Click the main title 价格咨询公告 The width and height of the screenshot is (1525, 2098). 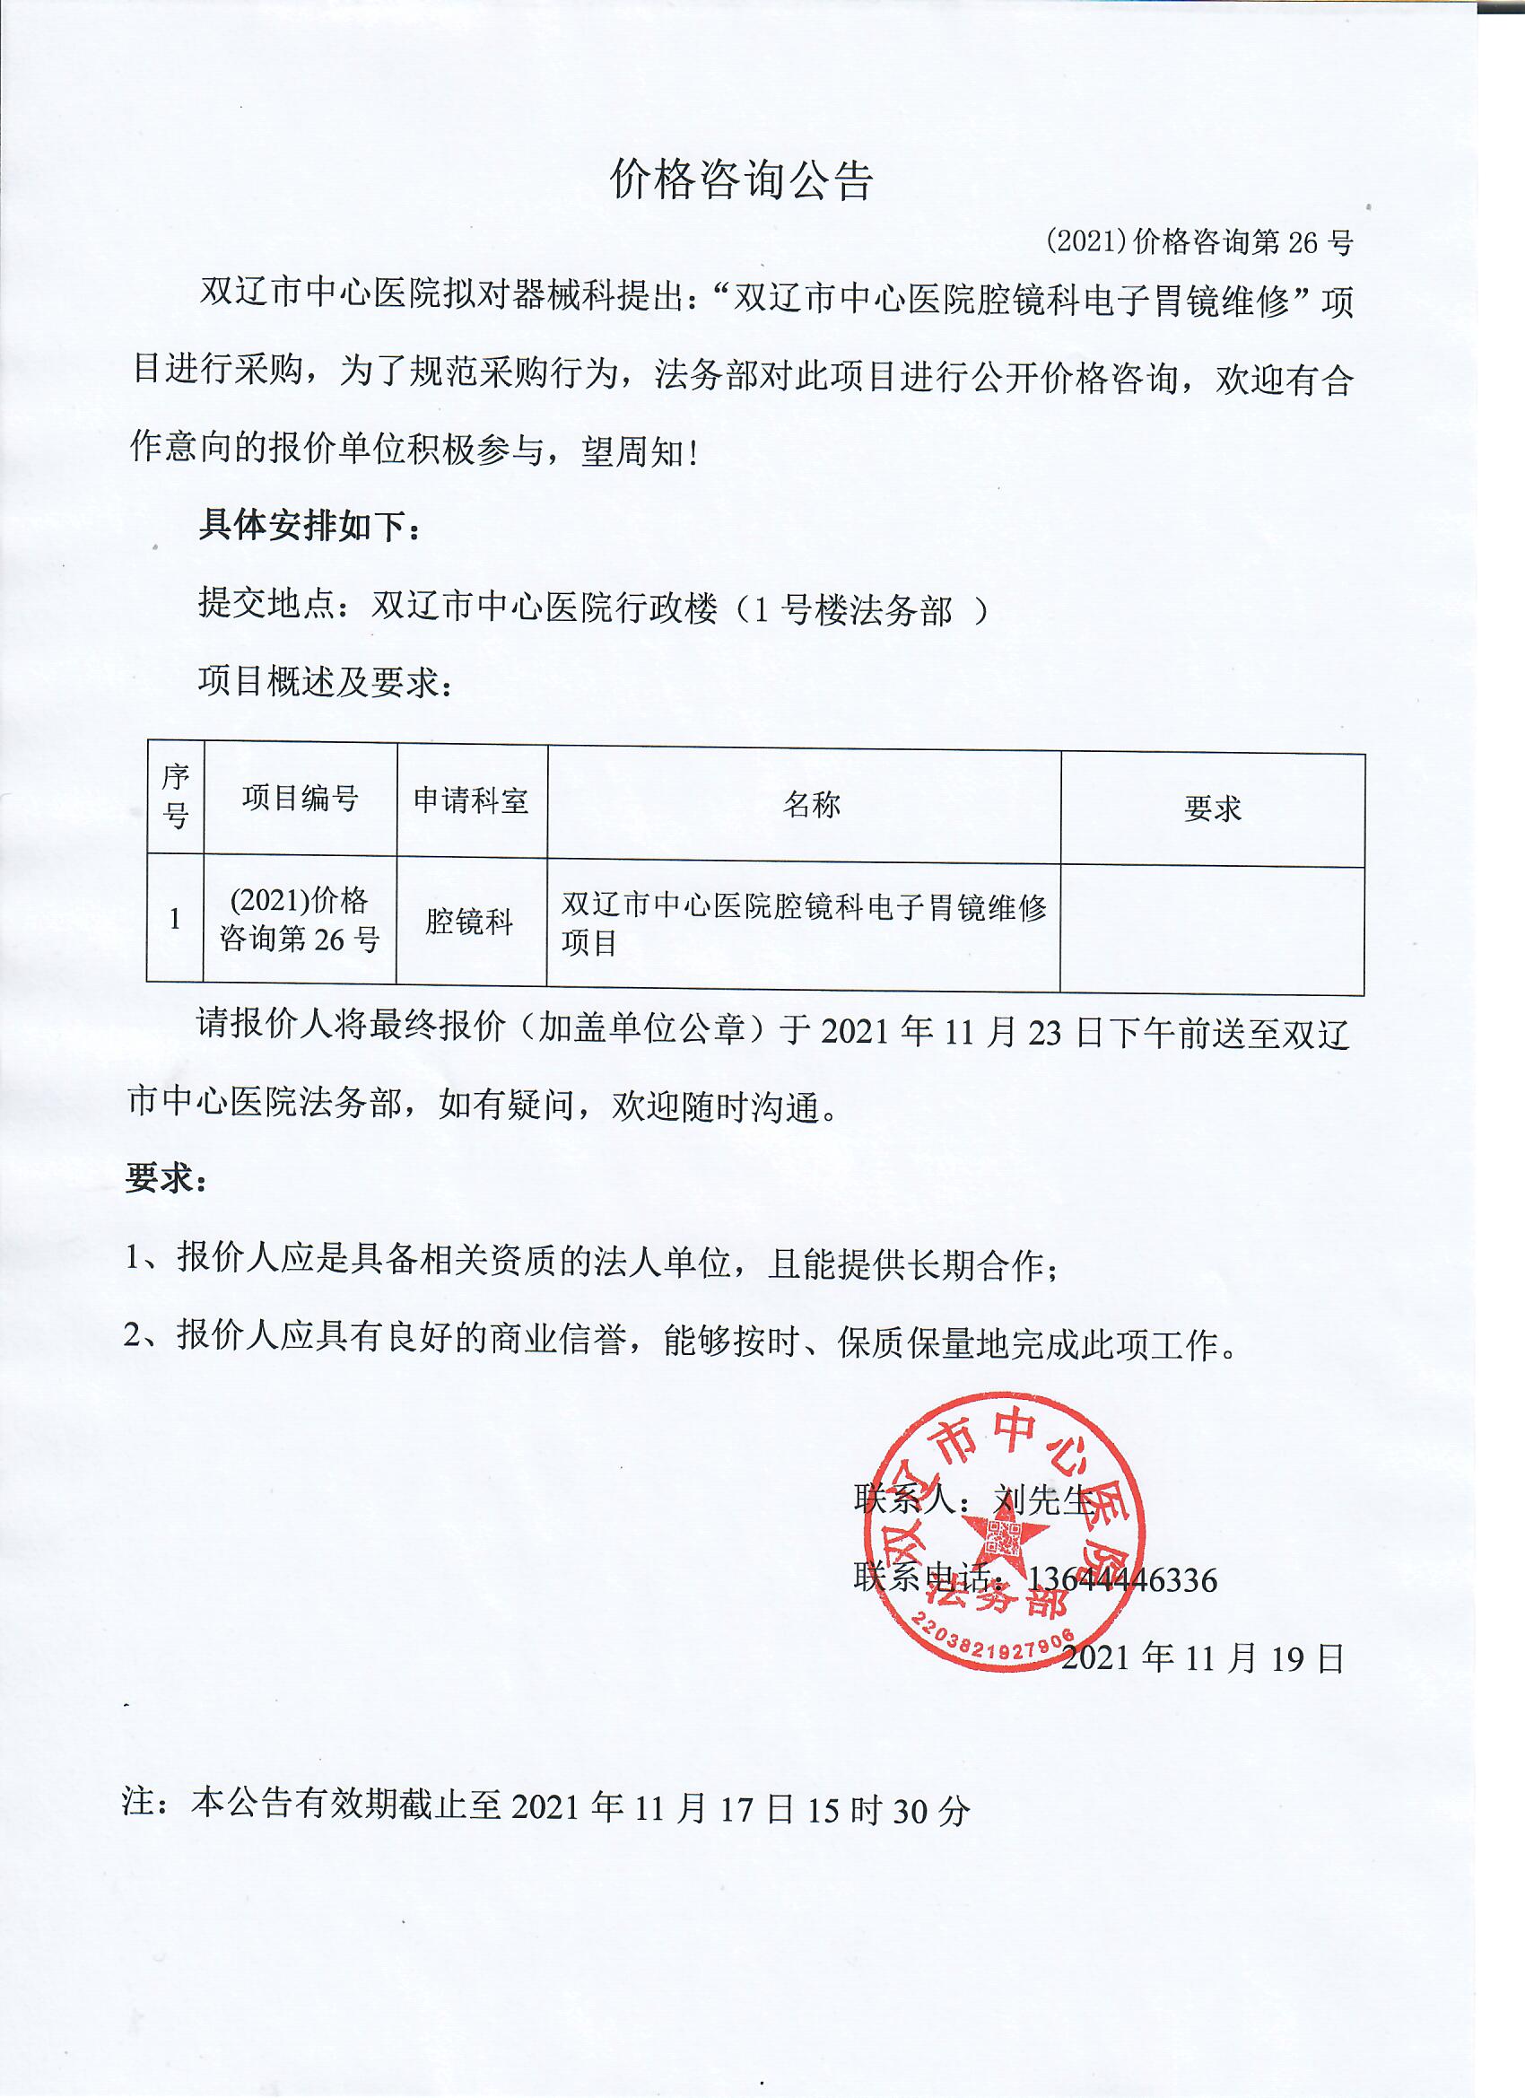[742, 179]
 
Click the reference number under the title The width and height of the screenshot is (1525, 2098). [1199, 242]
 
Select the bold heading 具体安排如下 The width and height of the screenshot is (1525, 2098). [310, 527]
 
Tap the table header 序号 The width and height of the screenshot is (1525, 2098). [176, 797]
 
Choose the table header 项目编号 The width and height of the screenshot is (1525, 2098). [301, 799]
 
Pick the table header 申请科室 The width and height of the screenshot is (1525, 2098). [472, 800]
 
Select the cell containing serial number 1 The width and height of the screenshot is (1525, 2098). [176, 919]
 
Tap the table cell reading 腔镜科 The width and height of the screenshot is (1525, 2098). [470, 922]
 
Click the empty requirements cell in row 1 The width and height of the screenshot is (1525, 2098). [1212, 929]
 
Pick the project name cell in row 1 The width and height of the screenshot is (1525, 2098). [803, 923]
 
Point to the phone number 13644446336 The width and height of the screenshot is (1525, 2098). [1122, 1579]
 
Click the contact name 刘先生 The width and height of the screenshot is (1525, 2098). [1042, 1499]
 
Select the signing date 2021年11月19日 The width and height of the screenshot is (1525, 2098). [1202, 1657]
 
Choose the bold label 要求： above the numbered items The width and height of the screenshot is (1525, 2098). [167, 1177]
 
